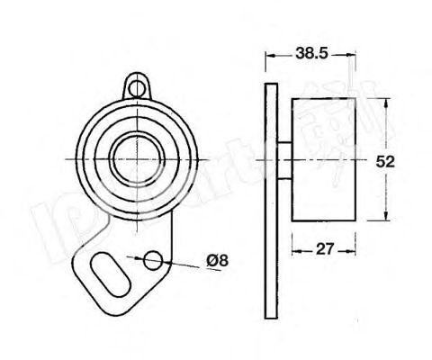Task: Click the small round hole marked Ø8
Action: tap(154, 259)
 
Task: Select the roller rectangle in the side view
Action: tap(325, 158)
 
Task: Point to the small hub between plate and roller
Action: tap(283, 159)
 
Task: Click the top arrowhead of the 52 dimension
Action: tap(384, 99)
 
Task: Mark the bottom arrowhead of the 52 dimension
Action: tap(384, 219)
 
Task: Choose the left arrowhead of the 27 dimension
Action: tap(293, 249)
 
